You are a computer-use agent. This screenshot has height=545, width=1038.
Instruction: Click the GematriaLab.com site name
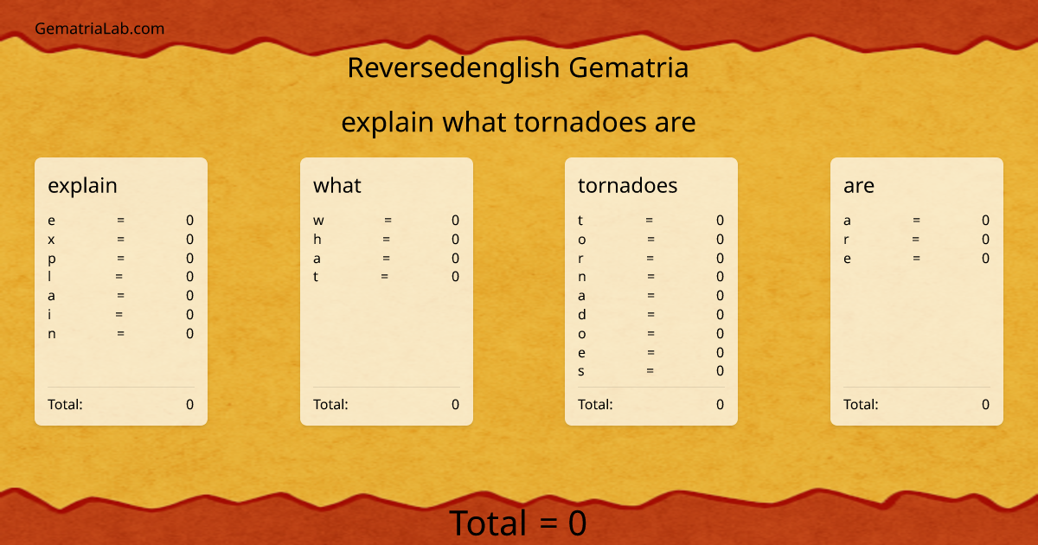tap(99, 29)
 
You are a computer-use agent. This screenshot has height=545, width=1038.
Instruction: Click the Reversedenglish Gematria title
tap(517, 67)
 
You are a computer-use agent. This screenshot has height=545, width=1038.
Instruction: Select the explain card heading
tap(82, 185)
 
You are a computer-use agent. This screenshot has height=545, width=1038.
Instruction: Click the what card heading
tap(337, 185)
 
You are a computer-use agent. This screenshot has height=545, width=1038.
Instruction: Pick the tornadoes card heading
tap(627, 185)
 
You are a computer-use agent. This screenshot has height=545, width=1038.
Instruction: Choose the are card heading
tap(859, 185)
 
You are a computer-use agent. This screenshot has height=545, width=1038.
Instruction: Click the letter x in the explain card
tap(51, 240)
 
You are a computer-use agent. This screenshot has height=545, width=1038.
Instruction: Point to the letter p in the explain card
tap(52, 259)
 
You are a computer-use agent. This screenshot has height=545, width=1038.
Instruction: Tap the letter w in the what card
tap(318, 221)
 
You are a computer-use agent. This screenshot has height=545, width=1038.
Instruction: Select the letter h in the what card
tap(317, 240)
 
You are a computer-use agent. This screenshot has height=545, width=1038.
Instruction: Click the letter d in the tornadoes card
tap(582, 315)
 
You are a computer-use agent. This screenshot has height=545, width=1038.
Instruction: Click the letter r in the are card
tap(846, 240)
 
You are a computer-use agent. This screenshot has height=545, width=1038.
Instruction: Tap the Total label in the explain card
tap(65, 404)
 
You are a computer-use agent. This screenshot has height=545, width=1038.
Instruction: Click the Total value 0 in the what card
tap(455, 404)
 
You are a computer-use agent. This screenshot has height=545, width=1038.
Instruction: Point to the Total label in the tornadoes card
tap(595, 404)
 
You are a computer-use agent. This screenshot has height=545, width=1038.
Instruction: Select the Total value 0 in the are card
tap(985, 404)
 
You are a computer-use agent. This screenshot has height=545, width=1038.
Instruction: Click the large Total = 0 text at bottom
tap(517, 523)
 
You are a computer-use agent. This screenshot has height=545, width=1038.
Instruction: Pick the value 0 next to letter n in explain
tap(190, 334)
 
